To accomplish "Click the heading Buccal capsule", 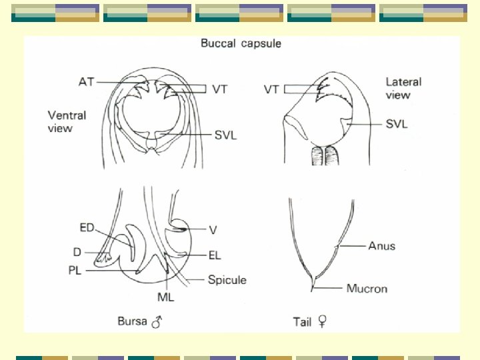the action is point(241,44).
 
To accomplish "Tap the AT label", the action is point(86,82).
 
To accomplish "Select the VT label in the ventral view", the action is point(220,89).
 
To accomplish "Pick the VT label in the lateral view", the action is point(271,89).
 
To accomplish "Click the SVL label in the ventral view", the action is point(225,136).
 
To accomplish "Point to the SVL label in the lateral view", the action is point(396,124).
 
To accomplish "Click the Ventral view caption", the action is point(67,121).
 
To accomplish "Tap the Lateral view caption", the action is point(403,88).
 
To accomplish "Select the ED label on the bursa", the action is point(87,228).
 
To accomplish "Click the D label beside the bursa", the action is point(77,251).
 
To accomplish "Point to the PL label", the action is point(75,271).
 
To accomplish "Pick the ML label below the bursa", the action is point(165,296).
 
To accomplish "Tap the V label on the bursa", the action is point(213,230).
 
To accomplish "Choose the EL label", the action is point(214,255).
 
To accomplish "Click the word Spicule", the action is point(227,280).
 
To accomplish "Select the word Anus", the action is point(381,246).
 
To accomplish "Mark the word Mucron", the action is point(367,289).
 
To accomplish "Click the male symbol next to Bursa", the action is point(157,323).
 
